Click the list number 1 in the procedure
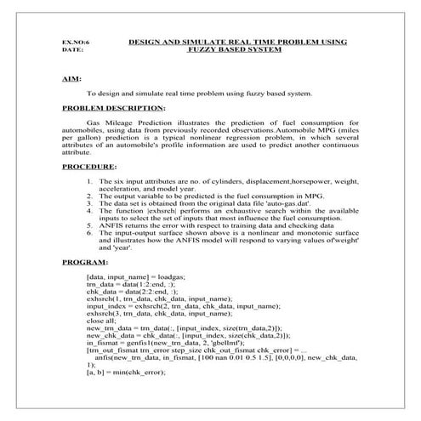point(90,182)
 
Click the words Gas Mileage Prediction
point(134,123)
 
